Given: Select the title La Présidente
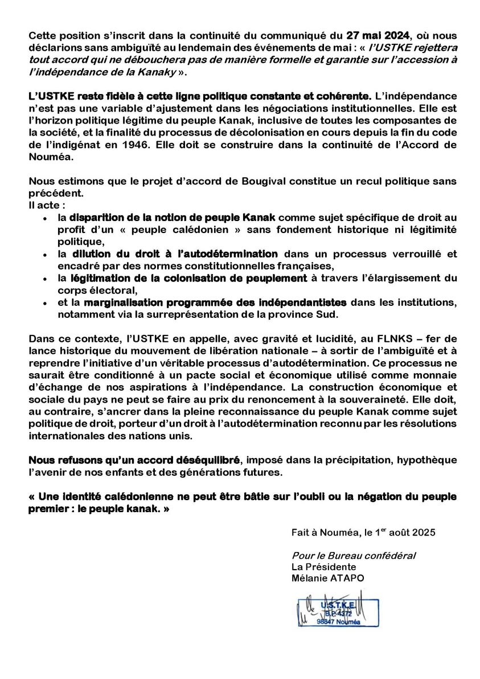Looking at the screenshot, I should (323, 567).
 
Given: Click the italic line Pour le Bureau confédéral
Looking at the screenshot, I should (353, 555).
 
